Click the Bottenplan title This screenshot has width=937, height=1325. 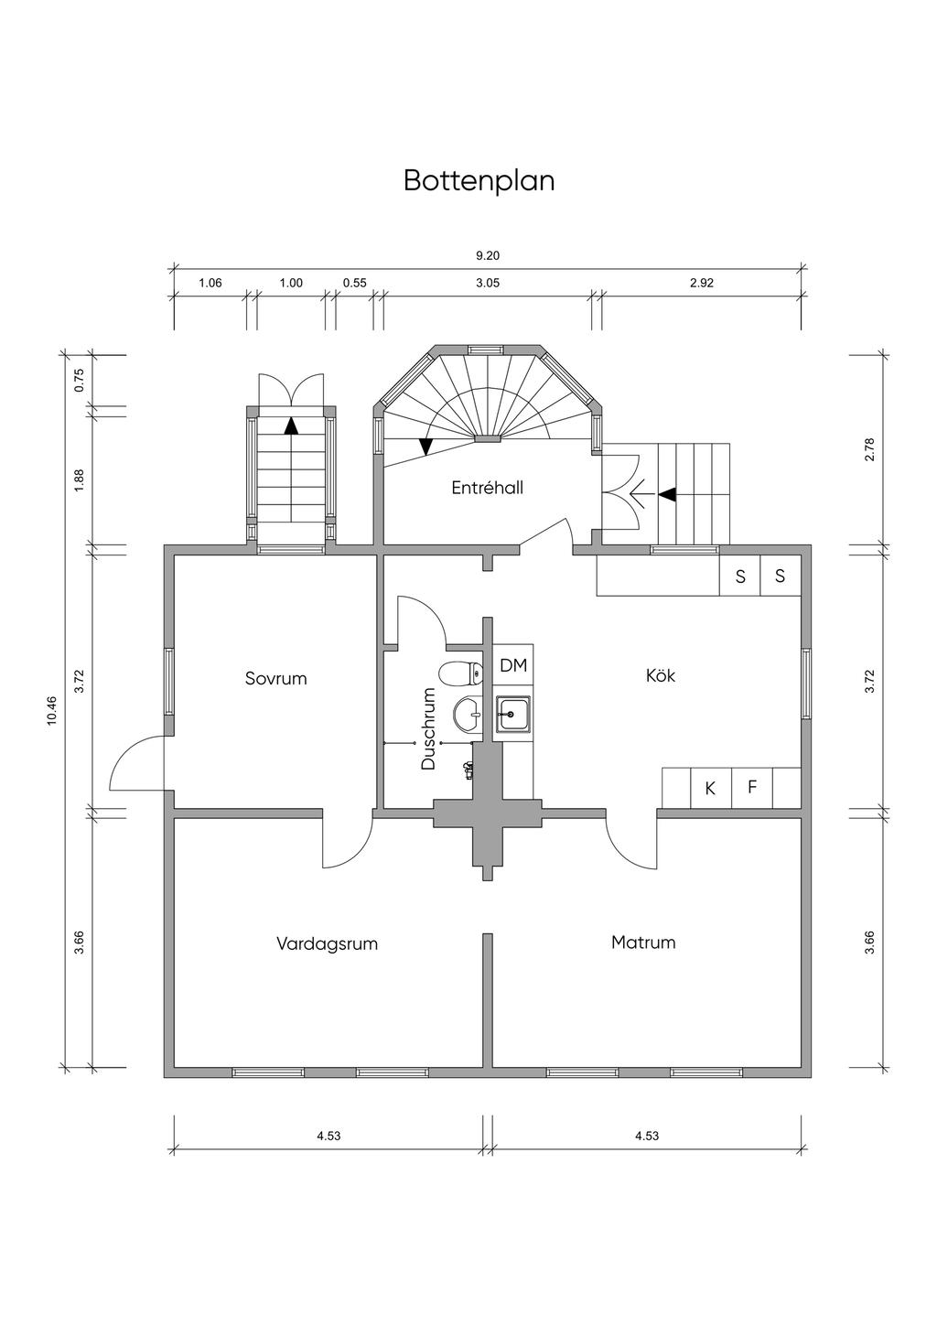tap(479, 181)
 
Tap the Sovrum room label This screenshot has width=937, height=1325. tap(275, 678)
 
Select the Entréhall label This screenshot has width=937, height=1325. tap(487, 488)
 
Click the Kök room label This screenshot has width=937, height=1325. tap(660, 675)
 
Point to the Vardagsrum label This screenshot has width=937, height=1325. tap(327, 943)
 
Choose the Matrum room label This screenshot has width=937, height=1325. tap(643, 942)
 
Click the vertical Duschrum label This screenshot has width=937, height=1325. tap(428, 728)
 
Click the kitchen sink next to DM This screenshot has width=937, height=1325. tap(512, 715)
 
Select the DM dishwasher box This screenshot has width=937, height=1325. tap(512, 665)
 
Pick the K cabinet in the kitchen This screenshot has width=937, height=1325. tap(710, 788)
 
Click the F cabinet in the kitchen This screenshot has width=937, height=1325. tap(752, 787)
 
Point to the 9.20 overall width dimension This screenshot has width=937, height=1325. tap(488, 255)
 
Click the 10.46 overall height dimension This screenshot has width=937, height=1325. tap(52, 710)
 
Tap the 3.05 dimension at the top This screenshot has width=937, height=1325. tap(488, 283)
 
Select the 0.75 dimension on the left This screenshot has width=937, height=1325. tap(80, 381)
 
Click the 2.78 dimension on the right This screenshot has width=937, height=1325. tap(869, 449)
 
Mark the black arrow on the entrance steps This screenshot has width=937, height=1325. tap(667, 494)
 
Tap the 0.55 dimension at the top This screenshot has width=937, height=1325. tap(354, 283)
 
